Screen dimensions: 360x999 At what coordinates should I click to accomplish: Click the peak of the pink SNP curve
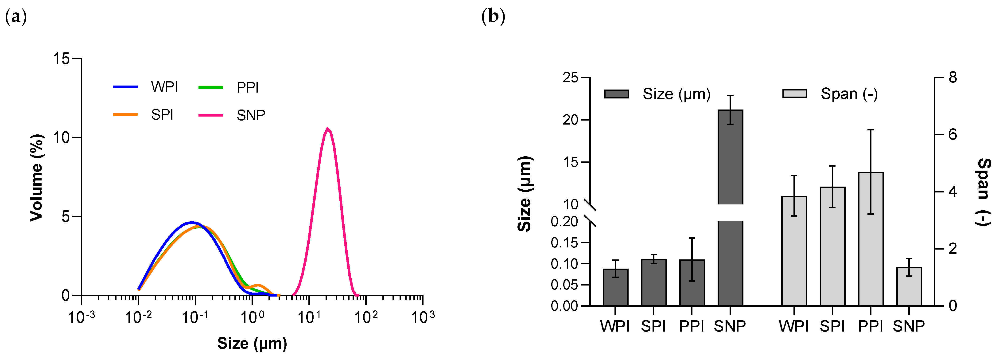(328, 129)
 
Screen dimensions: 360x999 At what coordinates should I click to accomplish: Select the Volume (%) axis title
(37, 178)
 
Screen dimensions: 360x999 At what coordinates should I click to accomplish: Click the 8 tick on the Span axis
(952, 78)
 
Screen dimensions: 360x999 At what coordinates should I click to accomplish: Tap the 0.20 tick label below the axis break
(564, 222)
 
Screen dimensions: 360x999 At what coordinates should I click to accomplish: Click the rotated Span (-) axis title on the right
(983, 192)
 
